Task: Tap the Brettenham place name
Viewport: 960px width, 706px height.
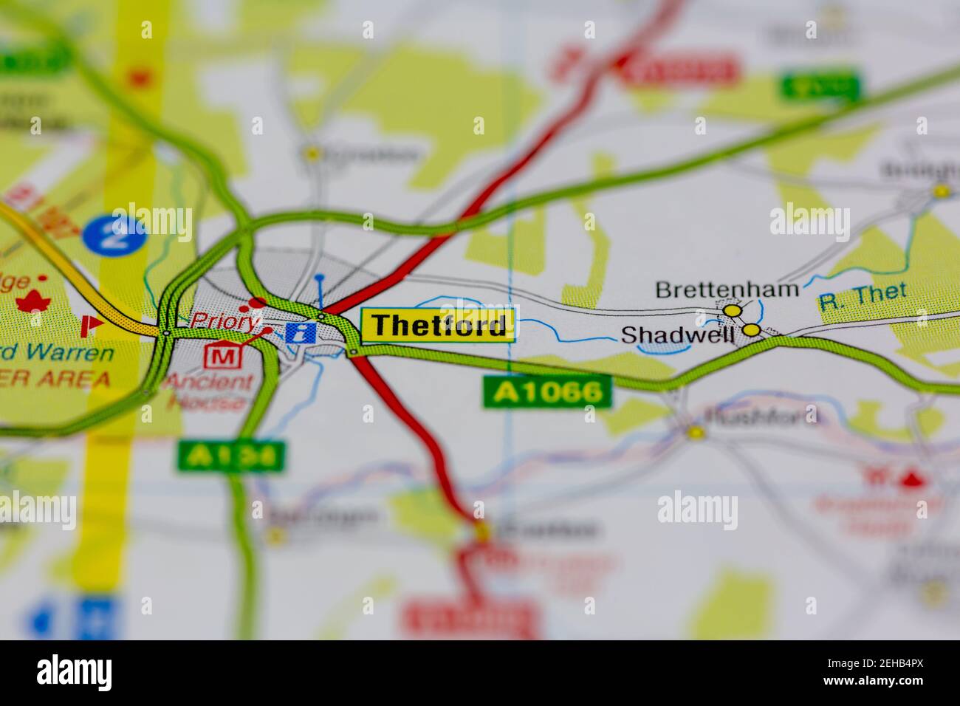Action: tap(727, 289)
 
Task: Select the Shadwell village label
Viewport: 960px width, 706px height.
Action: tap(678, 335)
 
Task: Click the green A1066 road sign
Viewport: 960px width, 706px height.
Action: tap(548, 392)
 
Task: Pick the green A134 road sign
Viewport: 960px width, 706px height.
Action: tap(231, 456)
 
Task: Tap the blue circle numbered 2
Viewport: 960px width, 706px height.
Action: tap(116, 233)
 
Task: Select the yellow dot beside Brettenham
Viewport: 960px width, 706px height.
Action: tap(732, 312)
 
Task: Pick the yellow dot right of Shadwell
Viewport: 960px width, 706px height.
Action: tap(752, 330)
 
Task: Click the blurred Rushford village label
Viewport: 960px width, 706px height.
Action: tap(762, 416)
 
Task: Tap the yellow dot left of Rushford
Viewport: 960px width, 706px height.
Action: tap(695, 432)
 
